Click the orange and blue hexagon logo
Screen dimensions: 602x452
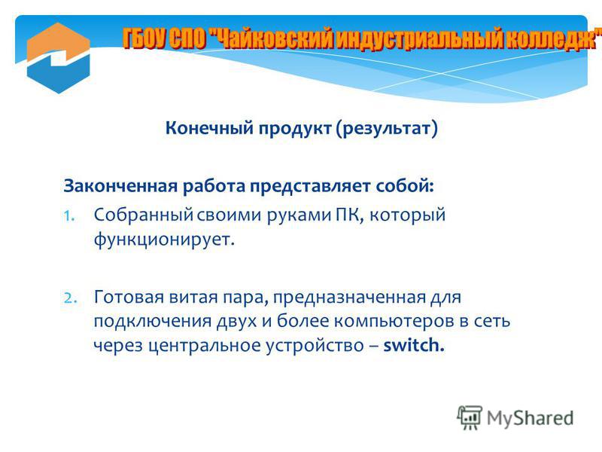59,58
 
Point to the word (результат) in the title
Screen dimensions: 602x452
387,128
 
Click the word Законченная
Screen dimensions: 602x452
120,186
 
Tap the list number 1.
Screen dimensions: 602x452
68,216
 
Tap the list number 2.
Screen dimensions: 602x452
70,298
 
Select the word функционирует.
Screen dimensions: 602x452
164,240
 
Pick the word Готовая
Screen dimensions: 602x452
129,297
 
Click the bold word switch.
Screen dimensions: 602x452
414,345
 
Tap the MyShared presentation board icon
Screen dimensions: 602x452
470,417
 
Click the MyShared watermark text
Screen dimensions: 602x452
531,418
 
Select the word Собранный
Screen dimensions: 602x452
143,215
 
